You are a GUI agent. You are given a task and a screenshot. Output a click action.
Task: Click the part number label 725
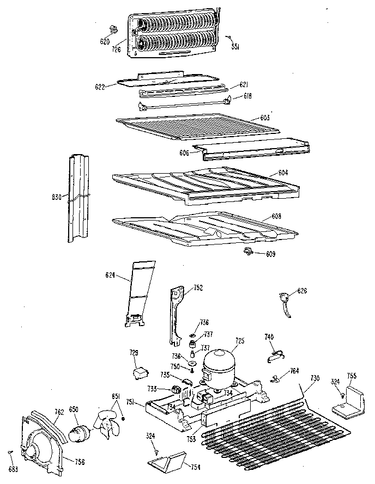239,341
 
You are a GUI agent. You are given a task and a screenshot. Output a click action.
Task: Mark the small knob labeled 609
249,251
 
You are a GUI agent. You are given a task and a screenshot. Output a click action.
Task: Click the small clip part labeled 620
114,29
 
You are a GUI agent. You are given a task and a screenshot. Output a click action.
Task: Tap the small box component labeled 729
141,372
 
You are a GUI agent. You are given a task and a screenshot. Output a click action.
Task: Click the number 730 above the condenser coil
313,378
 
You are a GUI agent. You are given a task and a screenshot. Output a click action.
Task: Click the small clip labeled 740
275,356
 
